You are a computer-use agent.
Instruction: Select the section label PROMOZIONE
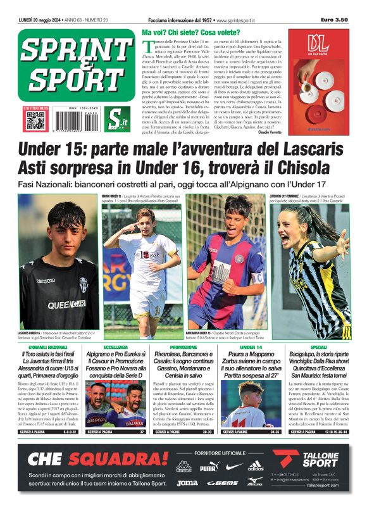183,348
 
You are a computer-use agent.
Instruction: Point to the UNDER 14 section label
251,348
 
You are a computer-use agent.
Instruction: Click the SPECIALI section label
318,348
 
